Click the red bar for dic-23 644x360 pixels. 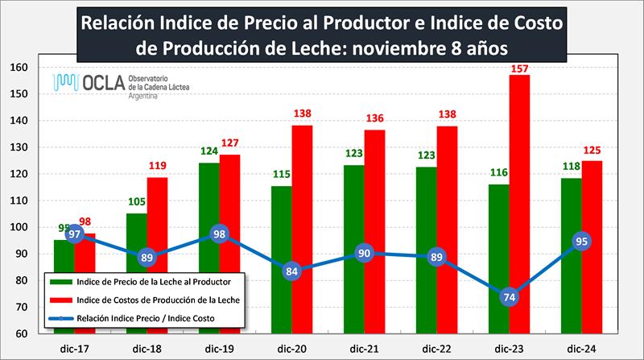pyautogui.click(x=519, y=201)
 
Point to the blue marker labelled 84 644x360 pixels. pyautogui.click(x=292, y=271)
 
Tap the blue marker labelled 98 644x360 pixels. pyautogui.click(x=218, y=234)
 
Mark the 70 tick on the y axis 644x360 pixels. pyautogui.click(x=22, y=307)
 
